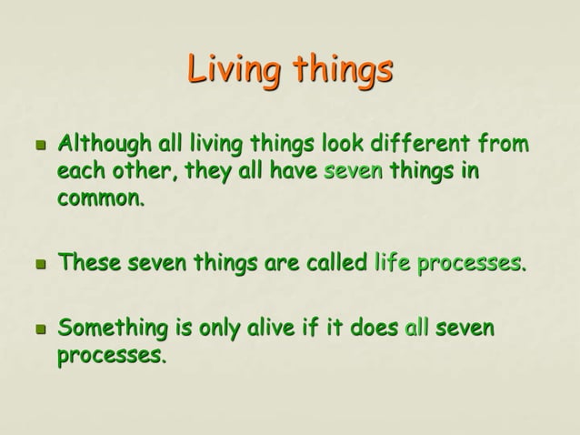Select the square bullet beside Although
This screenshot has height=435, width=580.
40,146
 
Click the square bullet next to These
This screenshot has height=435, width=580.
40,266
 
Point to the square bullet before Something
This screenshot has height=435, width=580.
40,329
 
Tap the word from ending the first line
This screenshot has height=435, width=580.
502,145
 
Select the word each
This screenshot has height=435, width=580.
82,172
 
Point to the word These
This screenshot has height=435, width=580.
89,264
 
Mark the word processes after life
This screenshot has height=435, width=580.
471,265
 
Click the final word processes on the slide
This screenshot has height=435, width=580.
111,356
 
